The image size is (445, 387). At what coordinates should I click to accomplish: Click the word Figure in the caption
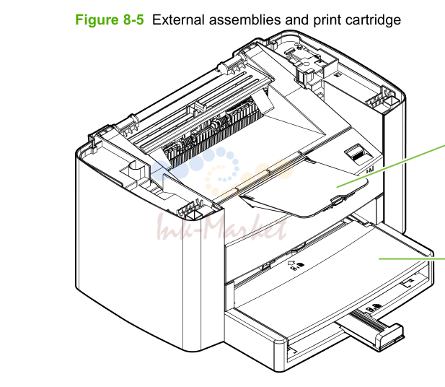(97, 20)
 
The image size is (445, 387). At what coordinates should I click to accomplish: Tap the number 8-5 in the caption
(133, 20)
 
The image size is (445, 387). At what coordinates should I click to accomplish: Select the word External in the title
(178, 20)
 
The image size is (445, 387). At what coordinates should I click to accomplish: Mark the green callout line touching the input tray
(412, 258)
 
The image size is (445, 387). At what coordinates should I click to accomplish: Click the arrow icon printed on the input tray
(291, 263)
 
